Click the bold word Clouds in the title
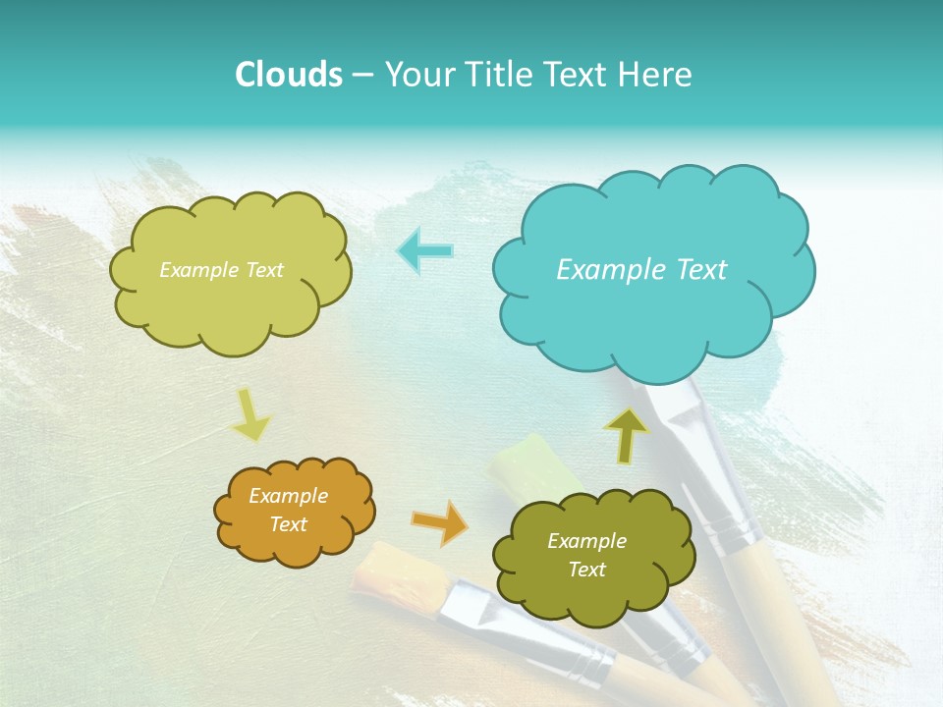(289, 75)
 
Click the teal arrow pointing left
(425, 250)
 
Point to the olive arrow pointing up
(626, 434)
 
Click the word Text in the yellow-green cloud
(263, 270)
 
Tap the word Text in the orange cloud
(289, 525)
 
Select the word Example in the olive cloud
(586, 541)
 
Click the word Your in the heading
(414, 75)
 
